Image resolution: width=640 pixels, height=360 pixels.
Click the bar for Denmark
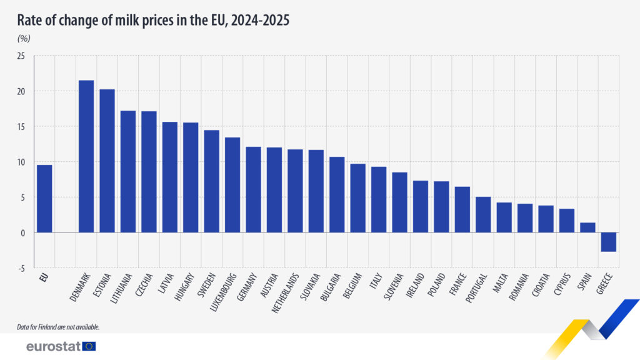(86, 156)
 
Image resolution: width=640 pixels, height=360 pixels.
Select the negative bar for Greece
(609, 242)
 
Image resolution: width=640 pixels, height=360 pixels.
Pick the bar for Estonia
(107, 161)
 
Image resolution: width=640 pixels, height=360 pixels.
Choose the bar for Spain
(587, 227)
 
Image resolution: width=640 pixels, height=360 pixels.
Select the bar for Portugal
(483, 214)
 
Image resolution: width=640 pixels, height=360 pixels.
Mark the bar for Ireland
(421, 206)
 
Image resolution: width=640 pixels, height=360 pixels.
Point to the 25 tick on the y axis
(21, 56)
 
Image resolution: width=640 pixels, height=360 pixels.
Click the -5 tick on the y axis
(22, 268)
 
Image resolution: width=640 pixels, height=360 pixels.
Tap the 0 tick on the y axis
(23, 232)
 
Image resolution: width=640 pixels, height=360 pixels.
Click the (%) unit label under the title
(23, 38)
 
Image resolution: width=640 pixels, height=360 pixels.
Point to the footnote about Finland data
(58, 327)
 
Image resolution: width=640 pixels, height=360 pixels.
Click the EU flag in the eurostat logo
(89, 346)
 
